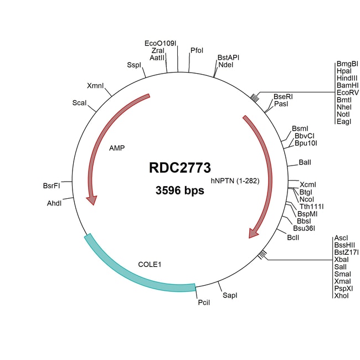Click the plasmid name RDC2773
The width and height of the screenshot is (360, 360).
coord(179,167)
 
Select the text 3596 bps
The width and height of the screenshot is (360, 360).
coord(179,191)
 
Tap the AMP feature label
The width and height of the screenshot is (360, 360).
coord(117,148)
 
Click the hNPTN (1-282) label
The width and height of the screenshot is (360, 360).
coord(235,181)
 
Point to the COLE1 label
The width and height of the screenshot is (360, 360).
coord(149,264)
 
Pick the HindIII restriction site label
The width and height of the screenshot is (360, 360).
coord(347,79)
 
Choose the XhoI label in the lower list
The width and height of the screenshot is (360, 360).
coord(342,296)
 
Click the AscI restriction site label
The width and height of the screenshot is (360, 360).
coord(341,238)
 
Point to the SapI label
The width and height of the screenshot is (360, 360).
coord(230,296)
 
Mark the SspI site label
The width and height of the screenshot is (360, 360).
coord(135,65)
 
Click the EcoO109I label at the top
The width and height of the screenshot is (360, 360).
coord(160,43)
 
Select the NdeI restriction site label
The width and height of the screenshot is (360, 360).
coord(226,65)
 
